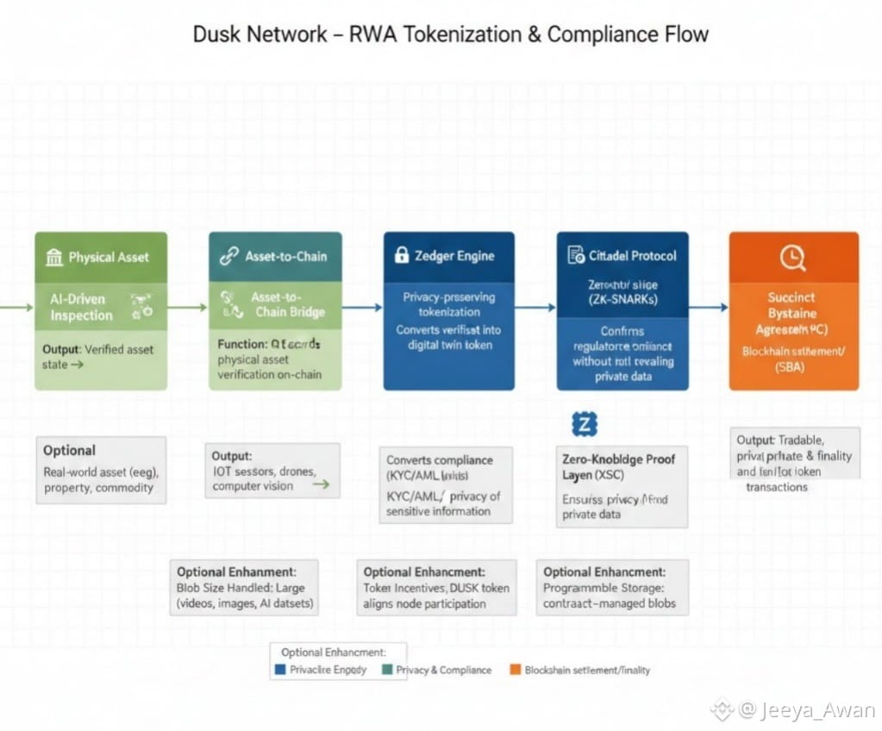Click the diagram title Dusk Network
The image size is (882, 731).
pyautogui.click(x=260, y=34)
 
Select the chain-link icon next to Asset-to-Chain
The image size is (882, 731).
pyautogui.click(x=228, y=256)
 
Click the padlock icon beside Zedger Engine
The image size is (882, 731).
pyautogui.click(x=401, y=255)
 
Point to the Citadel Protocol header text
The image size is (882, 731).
pyautogui.click(x=632, y=256)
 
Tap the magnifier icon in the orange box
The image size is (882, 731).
pyautogui.click(x=791, y=256)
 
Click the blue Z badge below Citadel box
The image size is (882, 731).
pyautogui.click(x=585, y=423)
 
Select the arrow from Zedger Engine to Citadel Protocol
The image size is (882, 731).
pyautogui.click(x=535, y=307)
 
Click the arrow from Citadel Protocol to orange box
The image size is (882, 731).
pyautogui.click(x=709, y=307)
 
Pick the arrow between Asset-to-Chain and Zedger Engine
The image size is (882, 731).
pyautogui.click(x=362, y=307)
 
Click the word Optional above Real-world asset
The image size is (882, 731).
pyautogui.click(x=69, y=450)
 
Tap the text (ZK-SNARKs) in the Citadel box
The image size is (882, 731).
pyautogui.click(x=622, y=298)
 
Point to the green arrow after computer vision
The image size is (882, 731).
pyautogui.click(x=320, y=485)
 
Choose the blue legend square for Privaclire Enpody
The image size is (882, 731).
pyautogui.click(x=278, y=670)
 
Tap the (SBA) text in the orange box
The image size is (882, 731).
pyautogui.click(x=793, y=369)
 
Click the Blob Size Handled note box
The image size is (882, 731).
pyautogui.click(x=244, y=587)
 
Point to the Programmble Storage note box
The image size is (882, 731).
pyautogui.click(x=612, y=587)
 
